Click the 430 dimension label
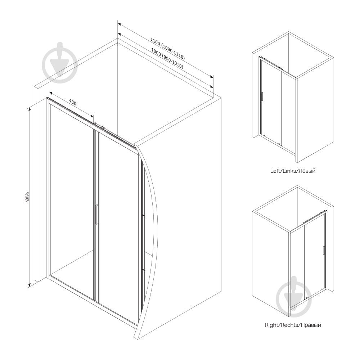(73, 102)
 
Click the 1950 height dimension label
(27, 197)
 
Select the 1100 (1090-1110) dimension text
(168, 49)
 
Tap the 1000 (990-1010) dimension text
(167, 59)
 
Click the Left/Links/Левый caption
(293, 171)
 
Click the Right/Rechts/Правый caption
(293, 325)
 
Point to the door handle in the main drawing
(97, 214)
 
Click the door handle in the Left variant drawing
(262, 96)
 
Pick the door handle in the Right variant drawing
(324, 250)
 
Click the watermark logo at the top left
(60, 62)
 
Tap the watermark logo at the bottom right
(294, 296)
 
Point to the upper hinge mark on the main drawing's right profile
(144, 216)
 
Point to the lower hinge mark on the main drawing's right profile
(144, 270)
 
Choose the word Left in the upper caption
(275, 171)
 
